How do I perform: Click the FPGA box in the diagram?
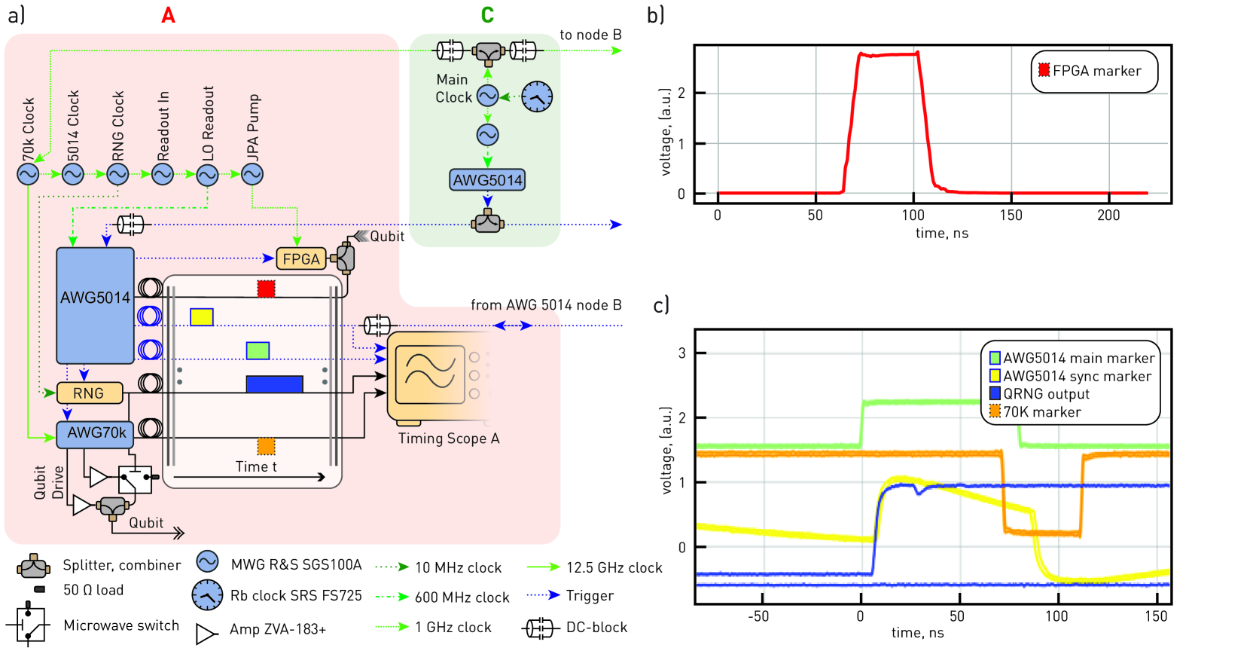pos(301,259)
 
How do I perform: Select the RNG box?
pos(89,393)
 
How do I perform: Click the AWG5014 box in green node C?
pos(487,180)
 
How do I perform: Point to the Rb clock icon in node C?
pos(537,96)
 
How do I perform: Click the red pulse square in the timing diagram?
pos(266,289)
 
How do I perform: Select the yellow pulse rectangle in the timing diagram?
pos(202,316)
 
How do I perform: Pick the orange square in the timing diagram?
pos(266,446)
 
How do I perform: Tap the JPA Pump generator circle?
pos(252,174)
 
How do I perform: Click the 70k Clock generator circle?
pos(28,174)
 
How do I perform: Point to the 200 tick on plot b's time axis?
pos(1108,215)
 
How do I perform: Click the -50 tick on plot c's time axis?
pos(758,616)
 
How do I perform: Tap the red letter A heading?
pos(168,15)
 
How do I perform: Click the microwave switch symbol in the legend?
pos(28,625)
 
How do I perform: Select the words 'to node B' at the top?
pos(590,35)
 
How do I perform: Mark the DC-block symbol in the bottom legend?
pos(539,628)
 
